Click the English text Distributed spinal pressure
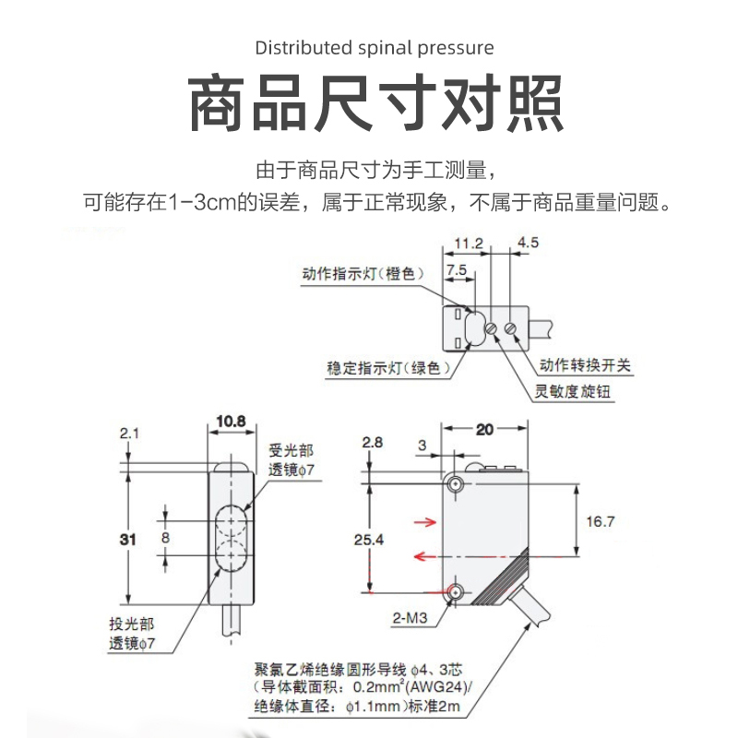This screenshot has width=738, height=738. pyautogui.click(x=374, y=47)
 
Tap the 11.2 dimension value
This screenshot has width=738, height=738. pyautogui.click(x=470, y=244)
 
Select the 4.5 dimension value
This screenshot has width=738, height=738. pyautogui.click(x=529, y=244)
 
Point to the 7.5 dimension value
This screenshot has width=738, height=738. pyautogui.click(x=457, y=269)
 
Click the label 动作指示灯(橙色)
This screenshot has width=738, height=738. pyautogui.click(x=363, y=274)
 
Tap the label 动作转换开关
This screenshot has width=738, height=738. pyautogui.click(x=586, y=365)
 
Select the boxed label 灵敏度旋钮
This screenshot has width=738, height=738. pyautogui.click(x=573, y=391)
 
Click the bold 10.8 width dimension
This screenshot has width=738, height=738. pyautogui.click(x=231, y=422)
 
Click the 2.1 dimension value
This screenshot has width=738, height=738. pyautogui.click(x=128, y=432)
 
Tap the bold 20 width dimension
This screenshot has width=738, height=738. pyautogui.click(x=485, y=430)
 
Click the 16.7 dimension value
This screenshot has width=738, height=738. pyautogui.click(x=600, y=521)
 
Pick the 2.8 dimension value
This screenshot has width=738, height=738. pyautogui.click(x=372, y=443)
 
